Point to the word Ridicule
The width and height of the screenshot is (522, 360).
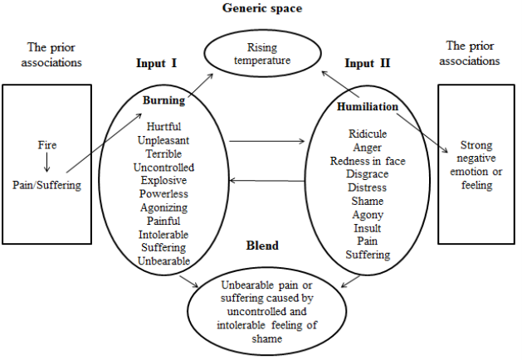368,134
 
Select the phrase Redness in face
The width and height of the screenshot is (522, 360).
368,161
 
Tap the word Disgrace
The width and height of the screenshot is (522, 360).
368,174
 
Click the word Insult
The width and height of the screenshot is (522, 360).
368,228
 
